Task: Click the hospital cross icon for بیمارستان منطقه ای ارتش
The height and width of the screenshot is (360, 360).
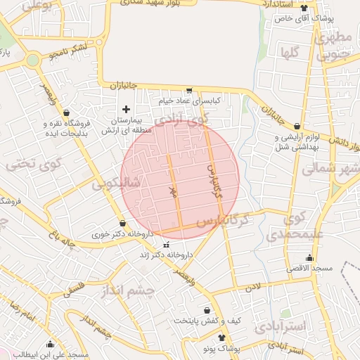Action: (x=126, y=109)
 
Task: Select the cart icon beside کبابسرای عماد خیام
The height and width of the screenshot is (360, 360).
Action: (x=189, y=90)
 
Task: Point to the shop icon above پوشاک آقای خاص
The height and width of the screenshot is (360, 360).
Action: (x=304, y=8)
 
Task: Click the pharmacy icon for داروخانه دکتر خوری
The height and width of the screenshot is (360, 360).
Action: (x=123, y=223)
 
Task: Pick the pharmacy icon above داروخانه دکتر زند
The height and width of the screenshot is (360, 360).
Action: (x=166, y=245)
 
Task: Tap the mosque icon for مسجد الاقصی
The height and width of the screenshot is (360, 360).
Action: (x=310, y=258)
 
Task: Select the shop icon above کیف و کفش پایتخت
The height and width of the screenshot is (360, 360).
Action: (x=207, y=310)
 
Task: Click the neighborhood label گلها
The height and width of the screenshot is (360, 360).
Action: (x=289, y=53)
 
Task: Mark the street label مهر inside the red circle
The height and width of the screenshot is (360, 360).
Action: (x=173, y=190)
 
